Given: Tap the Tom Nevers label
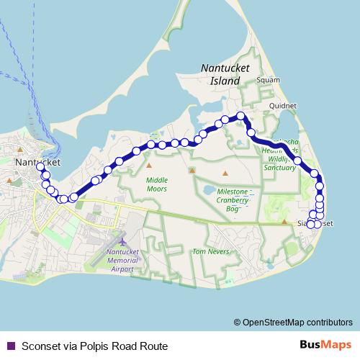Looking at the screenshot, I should pos(210,252).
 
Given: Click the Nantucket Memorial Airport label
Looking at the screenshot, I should pos(121,261).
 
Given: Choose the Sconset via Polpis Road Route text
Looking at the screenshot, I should pos(94,346).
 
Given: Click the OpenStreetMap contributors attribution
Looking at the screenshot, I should pos(293,322).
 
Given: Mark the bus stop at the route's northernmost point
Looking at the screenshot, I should pos(242,116).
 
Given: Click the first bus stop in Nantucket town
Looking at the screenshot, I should pos(40,168).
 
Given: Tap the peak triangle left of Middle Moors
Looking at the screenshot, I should pos(140,174).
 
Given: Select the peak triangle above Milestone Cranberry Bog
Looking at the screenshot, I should pos(225,173).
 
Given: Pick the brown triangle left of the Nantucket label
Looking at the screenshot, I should pos(8,181).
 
